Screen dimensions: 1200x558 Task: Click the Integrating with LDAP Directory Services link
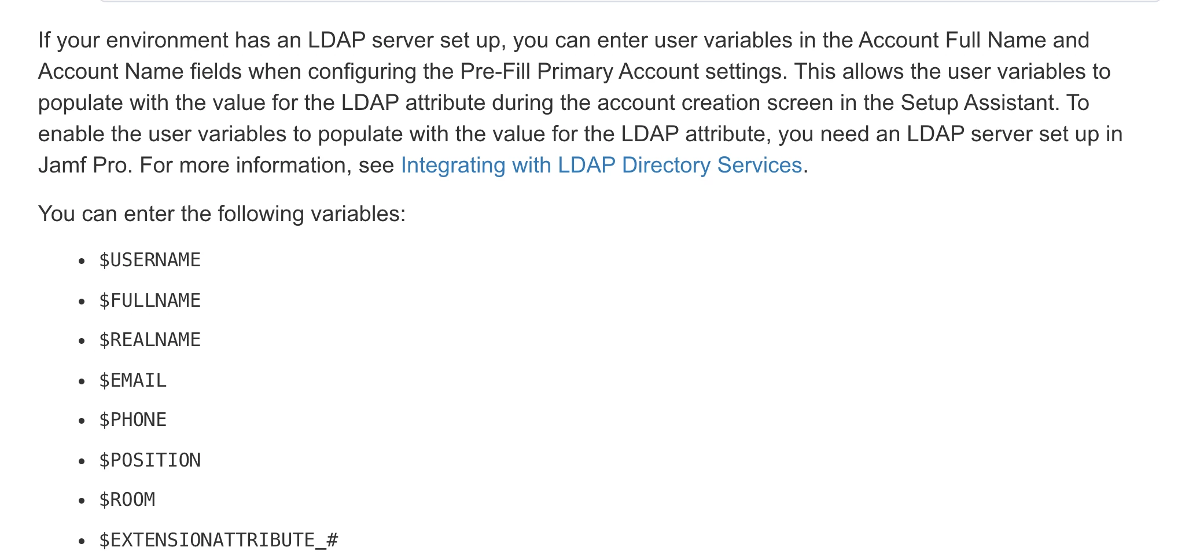601,166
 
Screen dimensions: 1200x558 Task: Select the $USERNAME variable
150,260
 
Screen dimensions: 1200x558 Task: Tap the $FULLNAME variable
150,300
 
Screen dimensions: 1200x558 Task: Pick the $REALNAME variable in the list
150,340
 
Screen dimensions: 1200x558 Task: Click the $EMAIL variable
133,380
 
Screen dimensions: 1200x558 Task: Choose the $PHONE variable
133,420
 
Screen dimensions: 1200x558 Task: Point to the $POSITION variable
150,460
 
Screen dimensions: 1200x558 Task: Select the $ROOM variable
127,500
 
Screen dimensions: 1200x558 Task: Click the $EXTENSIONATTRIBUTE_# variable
219,540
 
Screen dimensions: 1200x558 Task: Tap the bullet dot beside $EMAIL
82,381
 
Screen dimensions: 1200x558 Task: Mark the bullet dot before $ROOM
82,501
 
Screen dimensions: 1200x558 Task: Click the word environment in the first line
167,41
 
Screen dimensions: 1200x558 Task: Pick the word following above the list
260,214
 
